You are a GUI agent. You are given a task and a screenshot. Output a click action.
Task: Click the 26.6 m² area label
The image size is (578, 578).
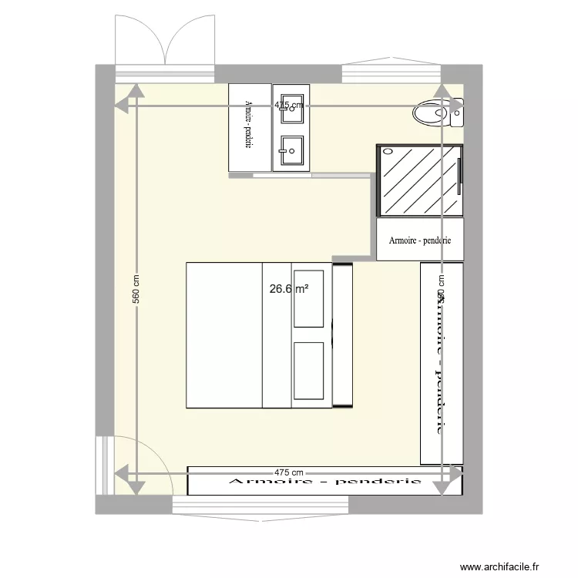[289, 290]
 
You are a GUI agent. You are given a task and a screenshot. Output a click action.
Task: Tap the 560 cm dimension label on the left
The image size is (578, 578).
[136, 289]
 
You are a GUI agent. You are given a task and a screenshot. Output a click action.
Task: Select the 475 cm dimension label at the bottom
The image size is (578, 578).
[290, 472]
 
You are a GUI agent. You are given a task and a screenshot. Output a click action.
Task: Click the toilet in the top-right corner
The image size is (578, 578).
[435, 114]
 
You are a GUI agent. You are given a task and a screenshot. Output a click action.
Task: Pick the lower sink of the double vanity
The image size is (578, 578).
[292, 150]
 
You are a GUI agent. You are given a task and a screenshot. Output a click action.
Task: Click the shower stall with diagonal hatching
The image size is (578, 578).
[419, 180]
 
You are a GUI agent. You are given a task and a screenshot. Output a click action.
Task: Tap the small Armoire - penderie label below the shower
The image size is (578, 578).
[420, 240]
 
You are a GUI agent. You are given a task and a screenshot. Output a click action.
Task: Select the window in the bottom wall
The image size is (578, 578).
[261, 505]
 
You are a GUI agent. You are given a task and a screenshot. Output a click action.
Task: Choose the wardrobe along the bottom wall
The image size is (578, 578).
[325, 481]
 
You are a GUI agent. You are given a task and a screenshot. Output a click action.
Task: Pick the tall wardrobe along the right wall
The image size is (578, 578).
[441, 362]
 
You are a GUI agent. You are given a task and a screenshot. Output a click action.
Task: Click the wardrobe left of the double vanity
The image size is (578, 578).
[250, 127]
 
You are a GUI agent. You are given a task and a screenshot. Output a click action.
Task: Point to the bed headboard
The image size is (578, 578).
[342, 334]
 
